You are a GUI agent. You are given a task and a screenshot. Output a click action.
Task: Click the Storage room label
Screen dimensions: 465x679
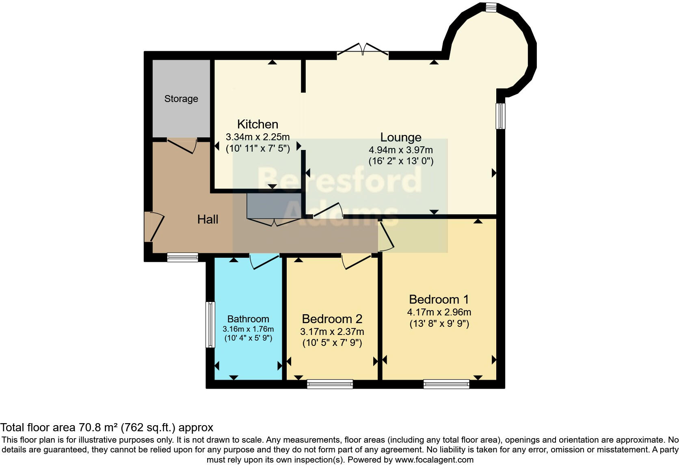[181, 99]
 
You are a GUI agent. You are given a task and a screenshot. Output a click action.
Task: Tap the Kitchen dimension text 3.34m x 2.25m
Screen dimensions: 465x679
[257, 137]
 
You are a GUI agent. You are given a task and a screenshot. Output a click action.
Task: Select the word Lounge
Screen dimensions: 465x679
[400, 137]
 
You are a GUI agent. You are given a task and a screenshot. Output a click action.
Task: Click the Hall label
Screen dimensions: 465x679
[208, 219]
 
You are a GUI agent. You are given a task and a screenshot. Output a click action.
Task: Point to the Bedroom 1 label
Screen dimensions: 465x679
[439, 300]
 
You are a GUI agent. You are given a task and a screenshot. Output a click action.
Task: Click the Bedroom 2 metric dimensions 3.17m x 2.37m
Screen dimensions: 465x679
[332, 332]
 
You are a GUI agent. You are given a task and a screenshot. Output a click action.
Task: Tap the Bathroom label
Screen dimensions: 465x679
[248, 319]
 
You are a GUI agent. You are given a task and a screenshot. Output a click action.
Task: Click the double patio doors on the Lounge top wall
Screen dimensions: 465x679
[363, 50]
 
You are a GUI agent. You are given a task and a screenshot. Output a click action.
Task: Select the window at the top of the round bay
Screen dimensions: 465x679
[491, 7]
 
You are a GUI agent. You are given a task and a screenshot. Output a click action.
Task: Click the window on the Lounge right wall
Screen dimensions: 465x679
[501, 116]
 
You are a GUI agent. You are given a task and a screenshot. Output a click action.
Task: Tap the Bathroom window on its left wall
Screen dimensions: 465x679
[210, 324]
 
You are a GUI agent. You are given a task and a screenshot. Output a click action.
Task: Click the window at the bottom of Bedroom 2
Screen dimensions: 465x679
[330, 384]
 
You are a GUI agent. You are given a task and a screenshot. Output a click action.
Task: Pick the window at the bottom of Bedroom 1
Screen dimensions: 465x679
[446, 384]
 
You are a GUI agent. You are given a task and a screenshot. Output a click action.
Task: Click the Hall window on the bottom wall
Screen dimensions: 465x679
[182, 257]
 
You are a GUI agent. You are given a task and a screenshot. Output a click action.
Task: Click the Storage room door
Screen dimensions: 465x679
[182, 146]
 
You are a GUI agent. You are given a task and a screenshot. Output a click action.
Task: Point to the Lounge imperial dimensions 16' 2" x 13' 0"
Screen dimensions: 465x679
[400, 161]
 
